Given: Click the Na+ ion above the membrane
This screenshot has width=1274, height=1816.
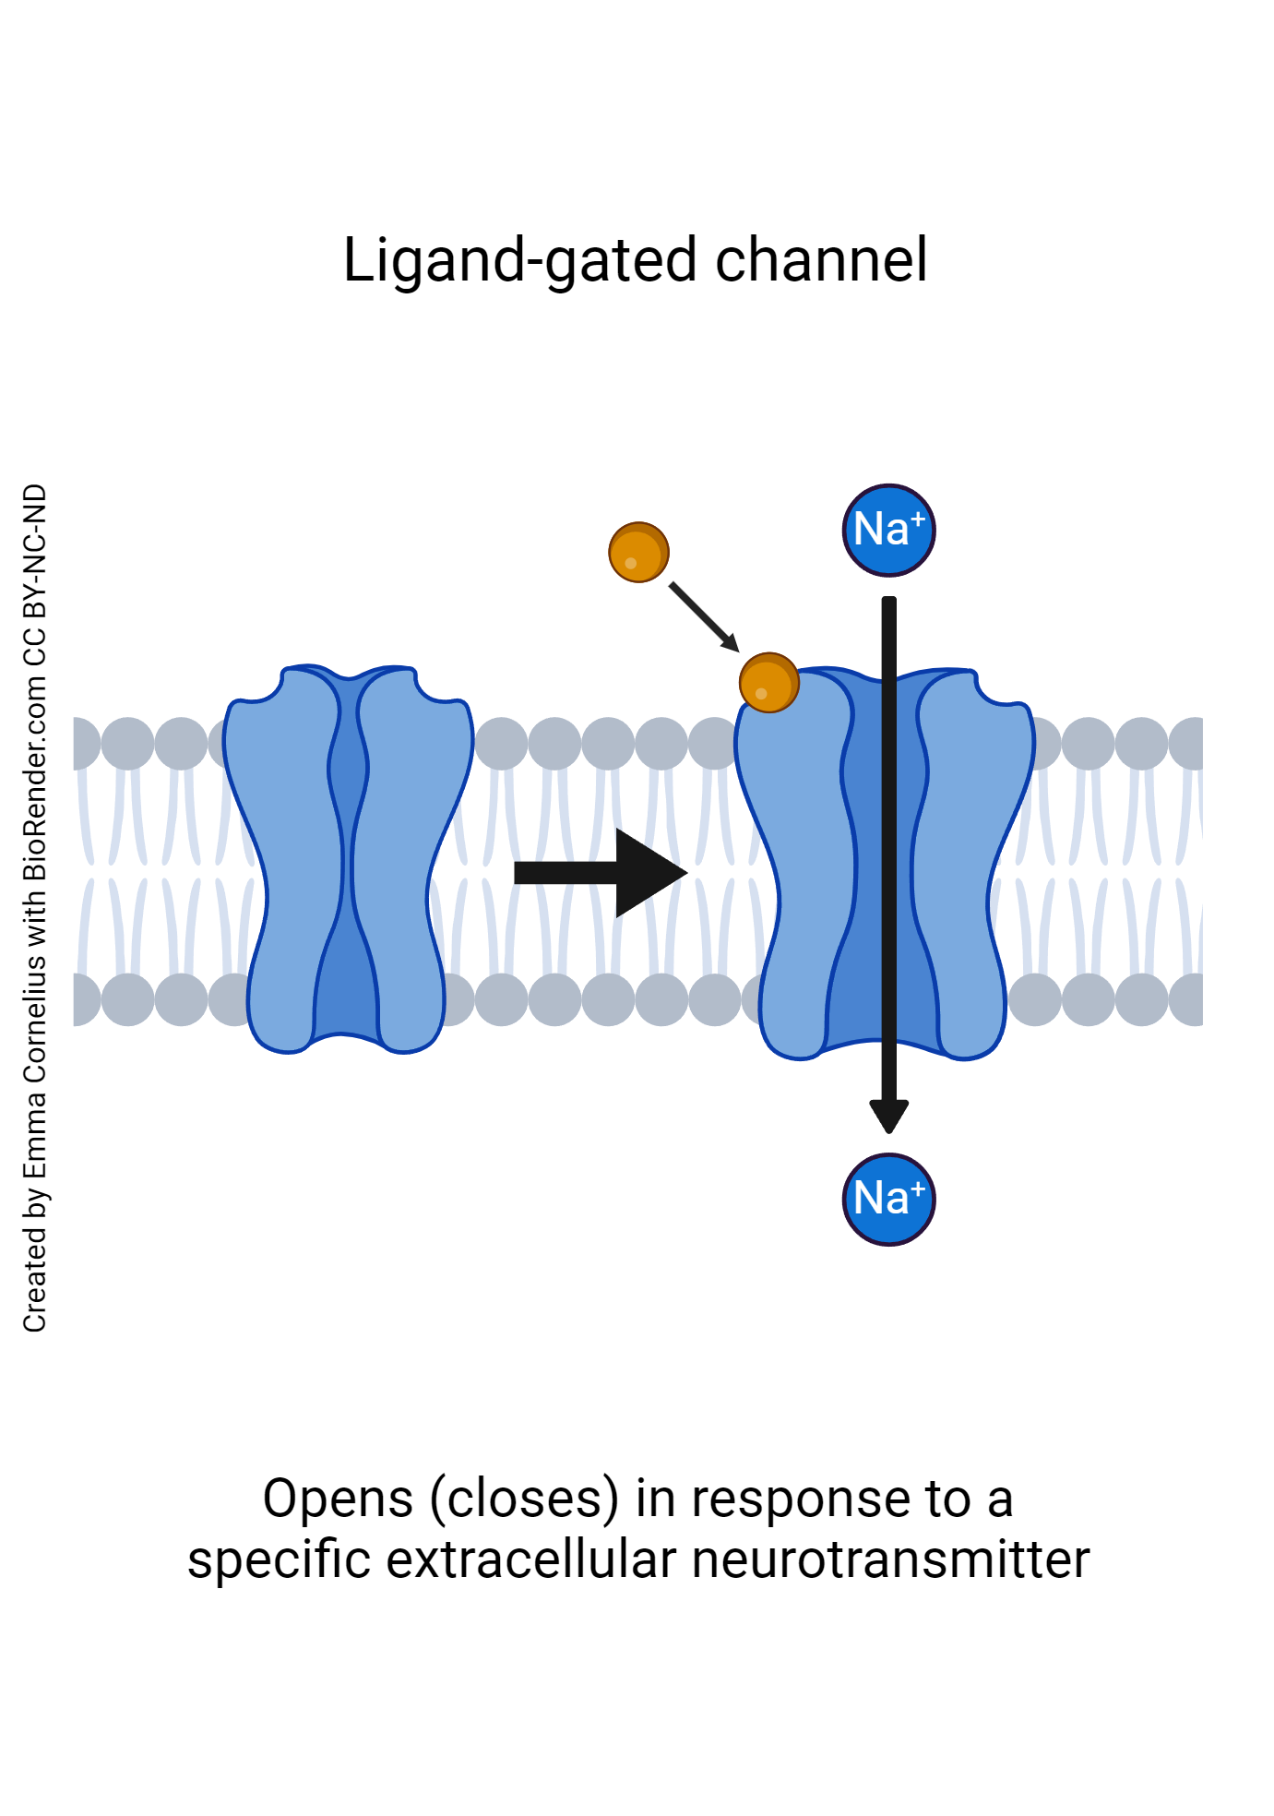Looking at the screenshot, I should pyautogui.click(x=888, y=531).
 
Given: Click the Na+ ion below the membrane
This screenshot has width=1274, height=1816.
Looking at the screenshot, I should pyautogui.click(x=888, y=1199).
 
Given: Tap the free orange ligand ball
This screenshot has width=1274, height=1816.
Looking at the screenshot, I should pyautogui.click(x=638, y=552).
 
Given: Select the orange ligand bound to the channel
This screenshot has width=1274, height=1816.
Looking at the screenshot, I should pyautogui.click(x=768, y=683).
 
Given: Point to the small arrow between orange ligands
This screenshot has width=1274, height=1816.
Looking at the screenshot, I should pyautogui.click(x=704, y=616).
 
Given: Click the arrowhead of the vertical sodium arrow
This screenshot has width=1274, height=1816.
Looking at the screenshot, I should pyautogui.click(x=888, y=1116).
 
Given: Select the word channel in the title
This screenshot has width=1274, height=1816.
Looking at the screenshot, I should pyautogui.click(x=821, y=261).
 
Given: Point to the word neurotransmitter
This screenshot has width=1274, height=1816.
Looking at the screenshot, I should pyautogui.click(x=890, y=1560).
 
